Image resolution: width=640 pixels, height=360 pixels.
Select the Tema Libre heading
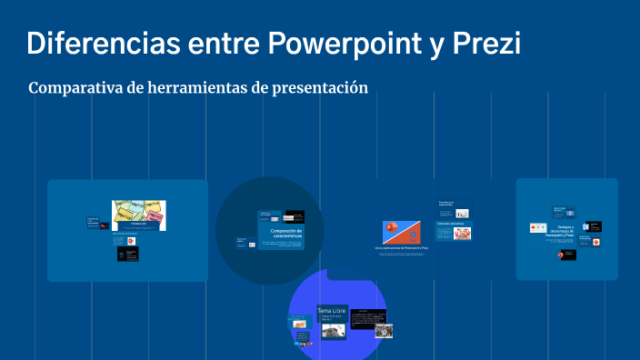(332, 310)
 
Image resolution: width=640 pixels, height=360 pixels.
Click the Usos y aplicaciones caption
(401, 248)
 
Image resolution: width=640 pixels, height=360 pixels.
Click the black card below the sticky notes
(127, 255)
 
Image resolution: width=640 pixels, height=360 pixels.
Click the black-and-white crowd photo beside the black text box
(384, 332)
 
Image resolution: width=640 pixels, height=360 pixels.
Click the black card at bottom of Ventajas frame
(566, 255)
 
